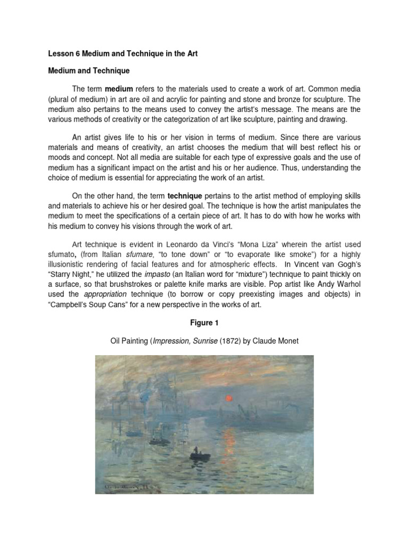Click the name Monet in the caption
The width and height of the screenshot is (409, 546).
(x=287, y=341)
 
